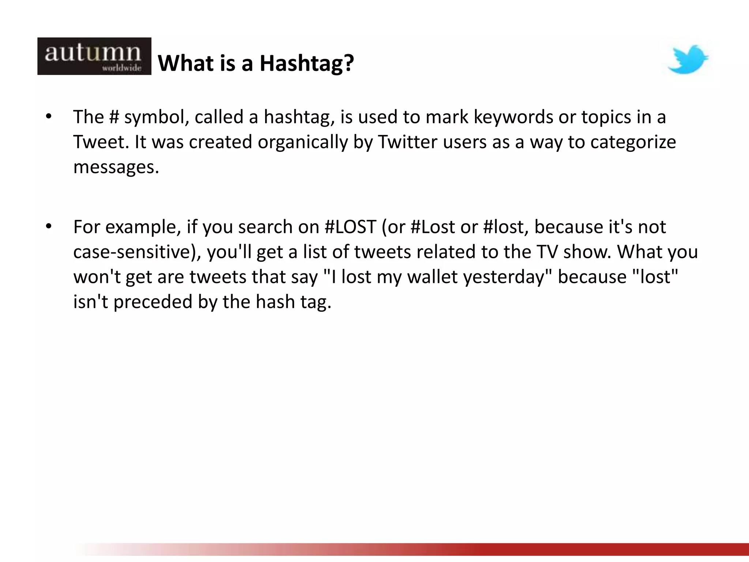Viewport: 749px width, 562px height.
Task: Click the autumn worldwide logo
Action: (94, 56)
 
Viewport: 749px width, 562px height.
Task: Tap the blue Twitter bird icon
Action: (688, 59)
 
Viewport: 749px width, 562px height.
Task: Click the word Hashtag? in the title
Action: (306, 63)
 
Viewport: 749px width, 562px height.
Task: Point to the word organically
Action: (302, 142)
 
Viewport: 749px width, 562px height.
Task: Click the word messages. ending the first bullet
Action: (116, 167)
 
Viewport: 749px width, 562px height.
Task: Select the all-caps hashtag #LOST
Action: (350, 227)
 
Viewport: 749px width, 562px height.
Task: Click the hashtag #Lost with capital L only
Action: (433, 227)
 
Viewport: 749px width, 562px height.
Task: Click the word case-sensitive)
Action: (137, 252)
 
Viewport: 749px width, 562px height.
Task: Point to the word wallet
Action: (432, 277)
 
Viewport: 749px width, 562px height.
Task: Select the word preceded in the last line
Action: (153, 302)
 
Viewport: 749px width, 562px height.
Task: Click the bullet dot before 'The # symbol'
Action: (49, 117)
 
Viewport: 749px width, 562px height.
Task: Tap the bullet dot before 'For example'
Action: (49, 227)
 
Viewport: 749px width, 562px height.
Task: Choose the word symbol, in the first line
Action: (157, 117)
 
